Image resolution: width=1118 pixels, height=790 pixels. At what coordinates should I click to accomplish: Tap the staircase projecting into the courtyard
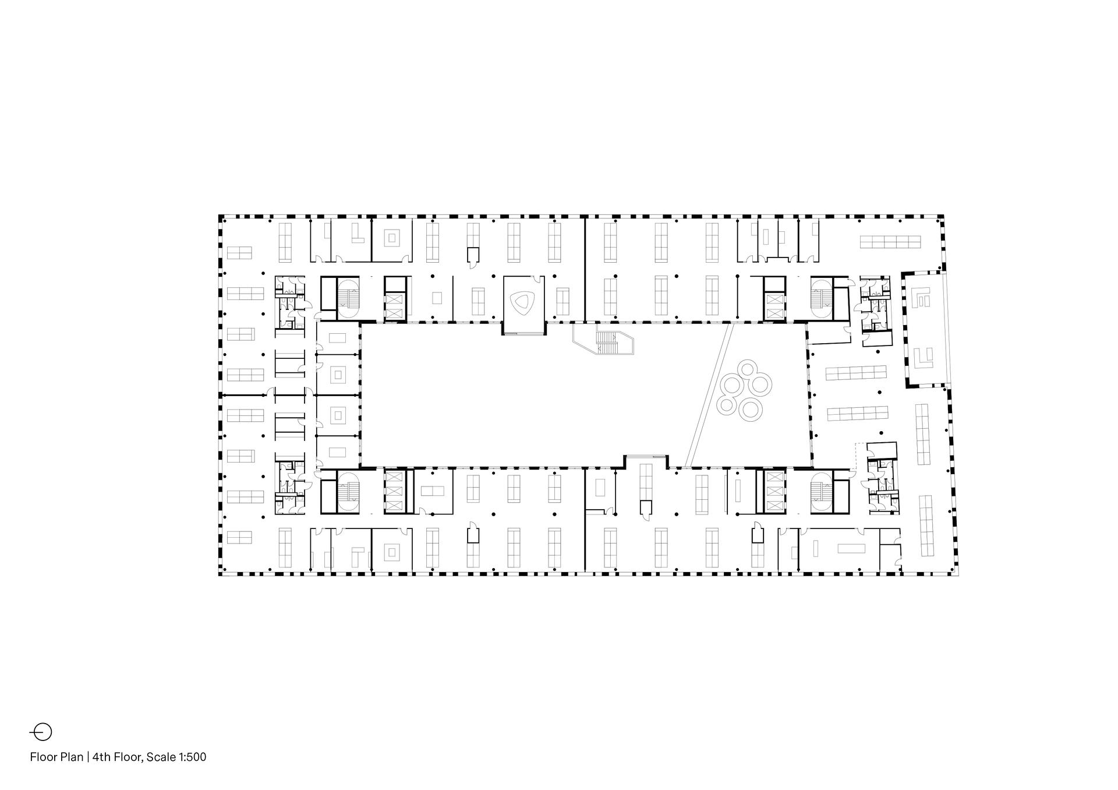pyautogui.click(x=606, y=343)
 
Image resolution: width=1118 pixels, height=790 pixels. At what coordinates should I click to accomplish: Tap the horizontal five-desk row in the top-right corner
pyautogui.click(x=890, y=242)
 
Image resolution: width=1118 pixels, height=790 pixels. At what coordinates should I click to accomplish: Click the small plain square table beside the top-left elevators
pyautogui.click(x=437, y=298)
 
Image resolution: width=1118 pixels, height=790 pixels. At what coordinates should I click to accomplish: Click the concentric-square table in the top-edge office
pyautogui.click(x=392, y=238)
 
